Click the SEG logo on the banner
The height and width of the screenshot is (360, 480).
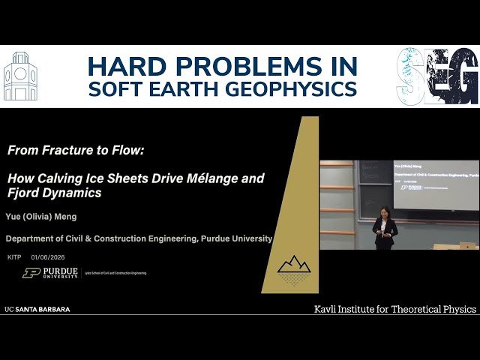pyautogui.click(x=436, y=76)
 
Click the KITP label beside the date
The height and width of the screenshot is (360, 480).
pyautogui.click(x=14, y=257)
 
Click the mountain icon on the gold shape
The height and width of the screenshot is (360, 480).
pyautogui.click(x=294, y=264)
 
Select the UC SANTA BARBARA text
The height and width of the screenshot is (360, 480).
pyautogui.click(x=37, y=309)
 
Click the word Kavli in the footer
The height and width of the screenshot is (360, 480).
pyautogui.click(x=328, y=309)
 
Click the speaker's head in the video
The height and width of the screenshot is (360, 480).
pyautogui.click(x=385, y=211)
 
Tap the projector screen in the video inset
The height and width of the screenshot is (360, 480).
pyautogui.click(x=436, y=184)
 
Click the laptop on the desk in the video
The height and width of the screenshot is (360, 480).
pyautogui.click(x=467, y=244)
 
